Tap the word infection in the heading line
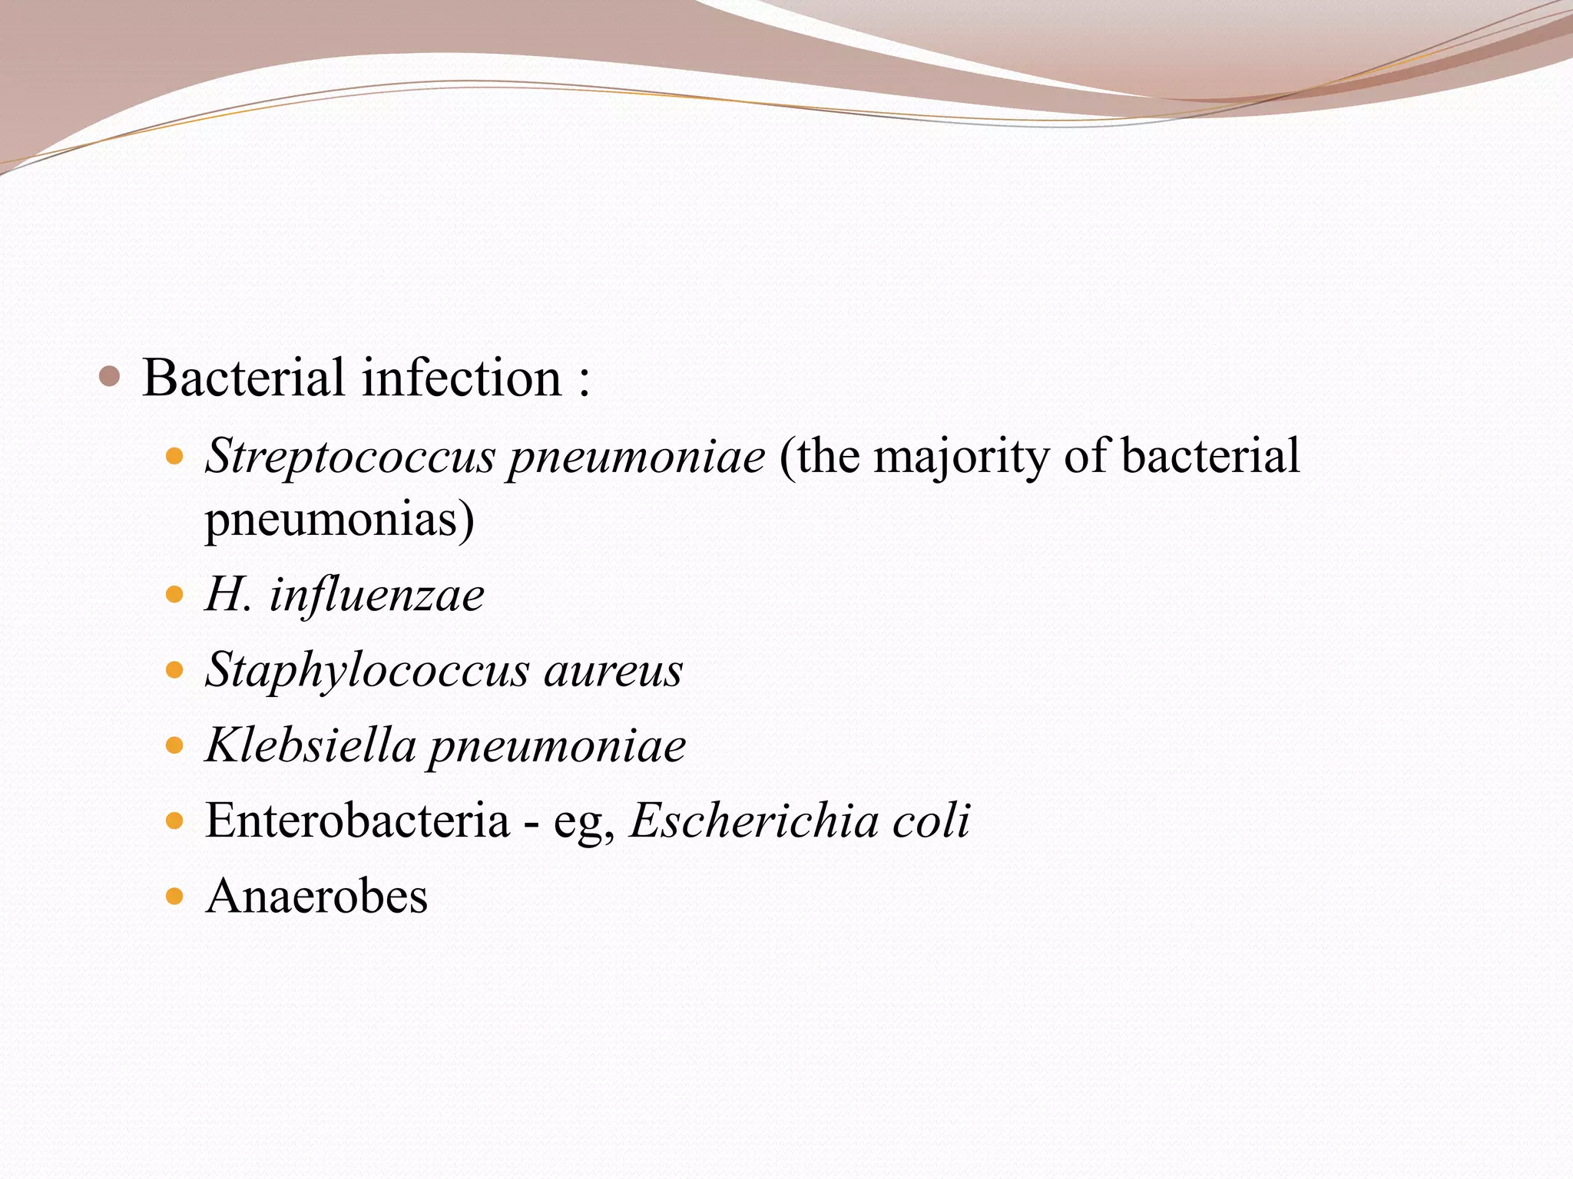462,378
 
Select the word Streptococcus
350,457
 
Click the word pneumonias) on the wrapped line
339,520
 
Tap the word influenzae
376,595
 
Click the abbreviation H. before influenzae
228,595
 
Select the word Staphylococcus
367,670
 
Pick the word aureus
613,670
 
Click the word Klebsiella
310,745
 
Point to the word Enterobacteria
357,821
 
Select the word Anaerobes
316,896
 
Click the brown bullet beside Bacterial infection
110,377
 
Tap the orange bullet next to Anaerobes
175,896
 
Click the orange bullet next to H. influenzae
175,595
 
